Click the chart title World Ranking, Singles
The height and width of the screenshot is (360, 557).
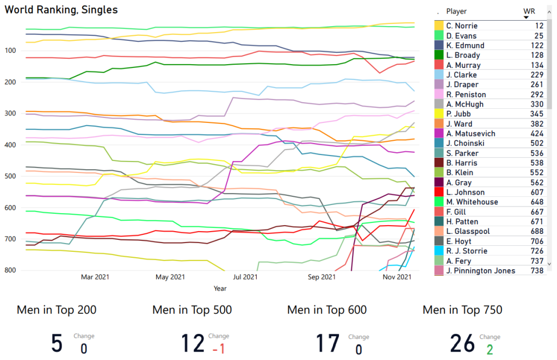tap(61, 10)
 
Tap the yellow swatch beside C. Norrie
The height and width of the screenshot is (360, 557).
tap(438, 26)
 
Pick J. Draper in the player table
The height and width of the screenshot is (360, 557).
tap(462, 85)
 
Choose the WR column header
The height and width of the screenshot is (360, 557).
tap(529, 11)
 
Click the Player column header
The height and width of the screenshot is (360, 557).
tap(456, 11)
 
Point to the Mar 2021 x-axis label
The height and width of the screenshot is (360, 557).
tap(95, 277)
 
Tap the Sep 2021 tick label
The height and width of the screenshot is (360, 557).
tap(321, 277)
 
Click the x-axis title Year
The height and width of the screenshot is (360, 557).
tap(220, 288)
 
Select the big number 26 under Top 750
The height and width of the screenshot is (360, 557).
tap(462, 344)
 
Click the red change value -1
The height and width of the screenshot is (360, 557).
tap(219, 349)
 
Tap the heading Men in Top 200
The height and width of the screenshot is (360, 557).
tap(57, 310)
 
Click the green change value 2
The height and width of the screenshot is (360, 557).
tap(490, 349)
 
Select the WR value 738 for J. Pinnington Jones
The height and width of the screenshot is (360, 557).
tap(537, 271)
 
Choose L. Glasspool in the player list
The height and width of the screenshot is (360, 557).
tap(468, 231)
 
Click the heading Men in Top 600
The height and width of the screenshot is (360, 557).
tap(327, 310)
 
